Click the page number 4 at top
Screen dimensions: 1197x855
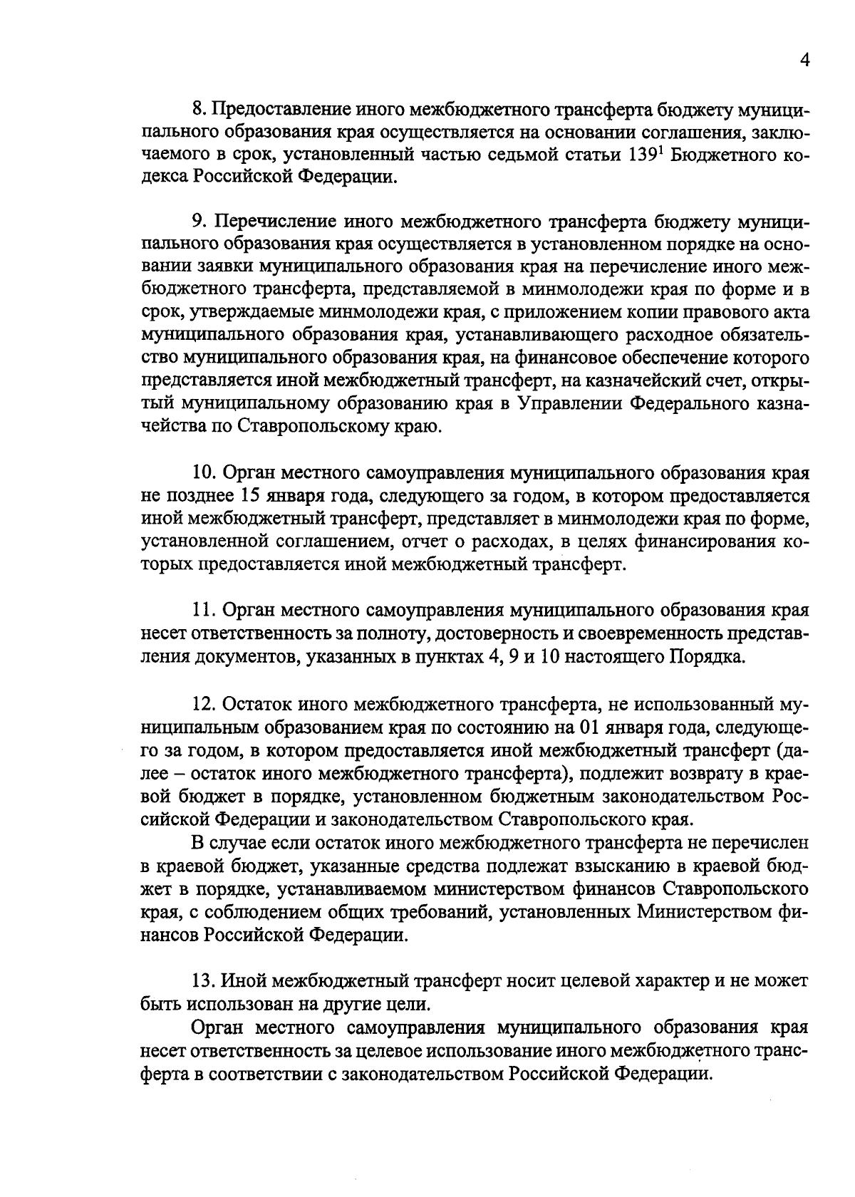[x=804, y=61]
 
